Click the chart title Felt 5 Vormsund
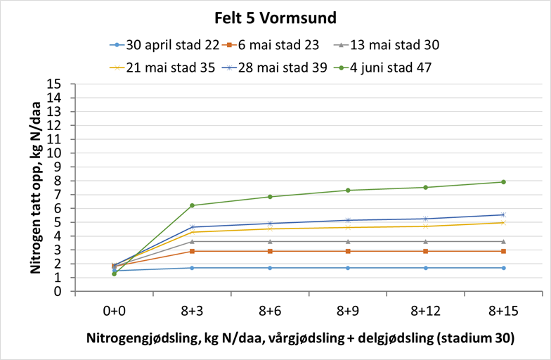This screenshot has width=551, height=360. coord(275,16)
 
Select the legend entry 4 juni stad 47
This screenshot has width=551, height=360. coord(387,67)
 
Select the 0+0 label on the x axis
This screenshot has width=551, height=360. coord(115,309)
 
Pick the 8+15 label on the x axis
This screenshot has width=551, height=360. coord(503,309)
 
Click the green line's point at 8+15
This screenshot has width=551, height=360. coord(503,182)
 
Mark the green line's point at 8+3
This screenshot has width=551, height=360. coord(193,205)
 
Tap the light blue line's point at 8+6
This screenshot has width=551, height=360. coord(270,268)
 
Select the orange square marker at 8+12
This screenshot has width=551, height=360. coord(425,251)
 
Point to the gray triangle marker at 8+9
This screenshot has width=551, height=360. coord(348,241)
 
